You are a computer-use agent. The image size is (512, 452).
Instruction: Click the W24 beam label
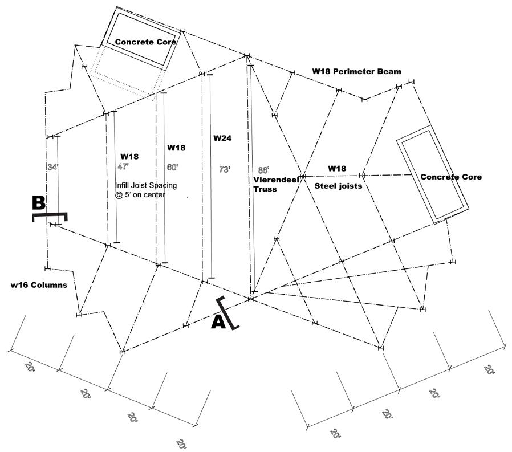pos(222,138)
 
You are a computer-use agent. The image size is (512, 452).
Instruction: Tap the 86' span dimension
pos(263,170)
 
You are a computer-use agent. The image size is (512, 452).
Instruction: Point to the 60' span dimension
pos(172,168)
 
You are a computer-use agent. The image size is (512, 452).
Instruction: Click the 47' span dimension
pos(123,166)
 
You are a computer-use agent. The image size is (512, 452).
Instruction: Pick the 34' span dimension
pos(52,167)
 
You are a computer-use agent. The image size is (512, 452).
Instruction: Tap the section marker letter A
pos(218,322)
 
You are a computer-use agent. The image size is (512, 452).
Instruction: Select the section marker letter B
pos(39,203)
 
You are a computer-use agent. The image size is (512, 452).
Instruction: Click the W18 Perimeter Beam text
pos(356,72)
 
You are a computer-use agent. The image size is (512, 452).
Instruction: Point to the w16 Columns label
pos(39,284)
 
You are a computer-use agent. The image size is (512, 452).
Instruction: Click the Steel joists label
pos(338,186)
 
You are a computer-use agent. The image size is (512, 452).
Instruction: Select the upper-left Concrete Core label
pos(145,42)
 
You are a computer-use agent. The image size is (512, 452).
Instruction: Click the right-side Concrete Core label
pos(450,177)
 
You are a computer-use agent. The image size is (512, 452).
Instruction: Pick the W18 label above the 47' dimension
pos(129,156)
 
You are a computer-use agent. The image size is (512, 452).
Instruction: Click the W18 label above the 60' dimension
pos(176,148)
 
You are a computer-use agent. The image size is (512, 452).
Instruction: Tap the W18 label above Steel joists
pos(337,169)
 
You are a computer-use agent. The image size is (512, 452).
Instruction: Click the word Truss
pos(265,189)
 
